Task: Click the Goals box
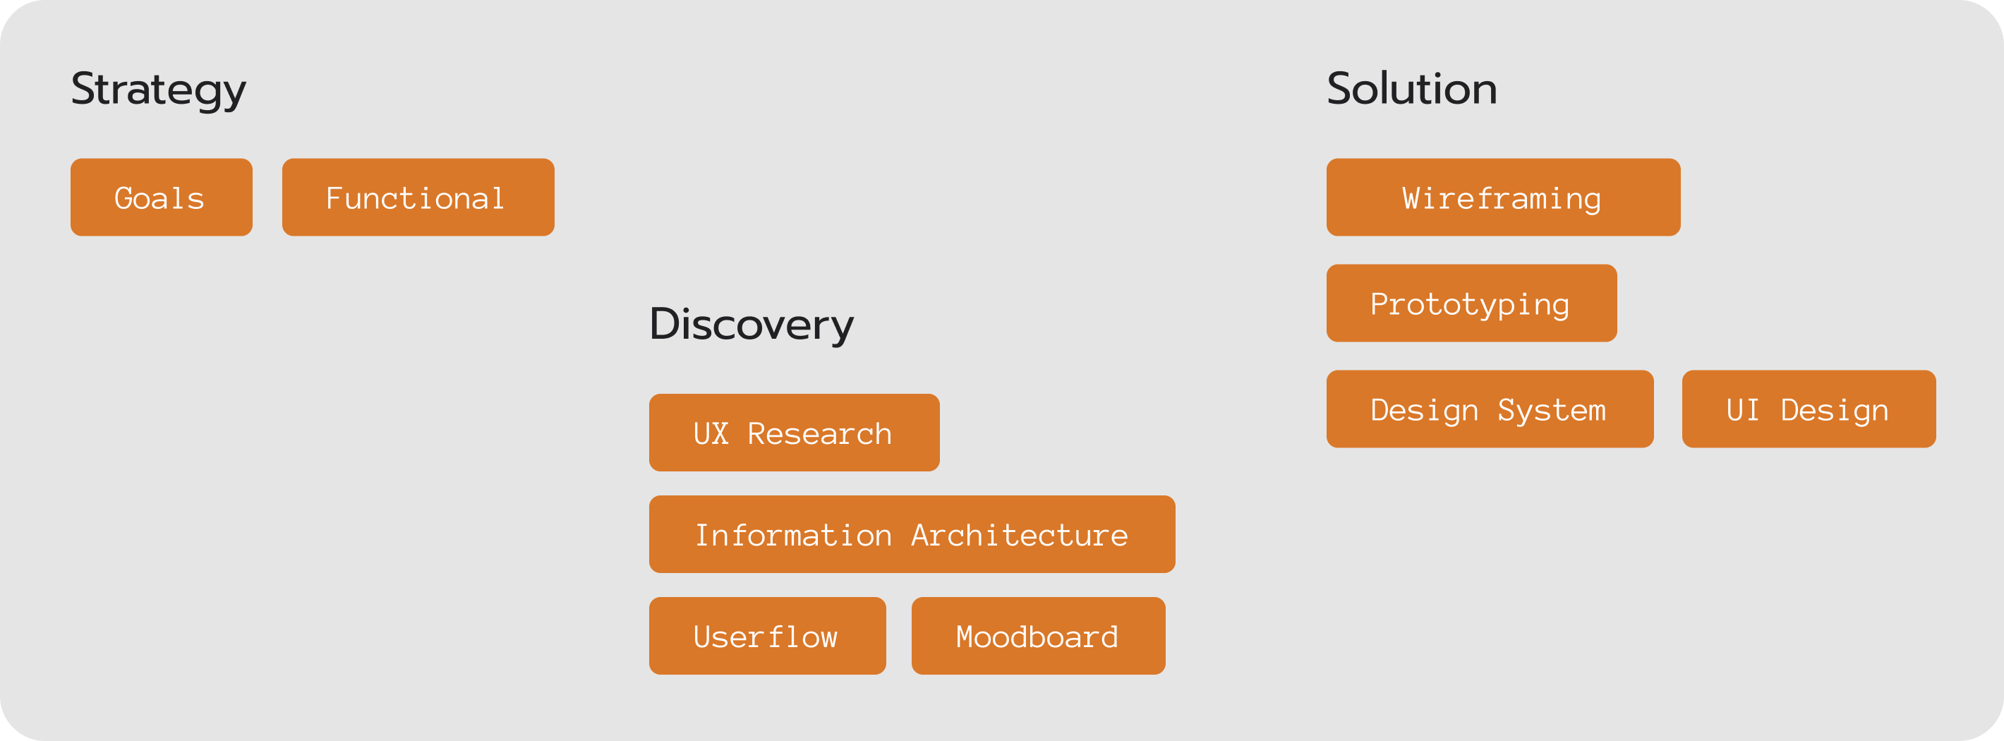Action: coord(161,198)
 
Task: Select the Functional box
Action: coord(418,198)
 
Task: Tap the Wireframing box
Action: coord(1502,198)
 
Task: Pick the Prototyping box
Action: coord(1471,303)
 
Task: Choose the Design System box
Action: coord(1489,409)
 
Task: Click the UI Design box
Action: coord(1808,409)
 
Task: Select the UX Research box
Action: coord(794,433)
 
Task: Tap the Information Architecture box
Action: coord(911,535)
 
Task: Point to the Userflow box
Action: coord(767,637)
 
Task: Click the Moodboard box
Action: coord(1038,637)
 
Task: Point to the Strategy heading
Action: coord(159,90)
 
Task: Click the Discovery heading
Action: coord(751,325)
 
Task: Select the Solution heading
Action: coord(1411,89)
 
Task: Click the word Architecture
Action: coord(1019,536)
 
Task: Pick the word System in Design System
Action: coord(1551,410)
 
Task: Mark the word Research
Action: coord(819,433)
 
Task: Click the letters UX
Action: coord(711,433)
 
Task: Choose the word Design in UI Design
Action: coord(1835,410)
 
